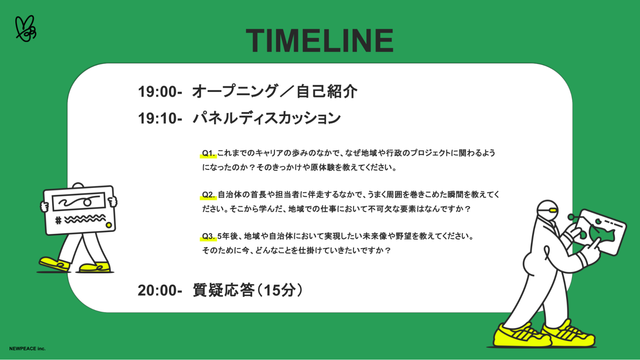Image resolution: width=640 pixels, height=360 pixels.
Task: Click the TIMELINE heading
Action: point(320,40)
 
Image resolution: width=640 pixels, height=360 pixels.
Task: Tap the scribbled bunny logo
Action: point(26,28)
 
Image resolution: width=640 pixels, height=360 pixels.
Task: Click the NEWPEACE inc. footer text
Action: point(27,348)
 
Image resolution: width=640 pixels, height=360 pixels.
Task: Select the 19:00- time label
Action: point(160,92)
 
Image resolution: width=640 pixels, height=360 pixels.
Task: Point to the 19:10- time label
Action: point(160,118)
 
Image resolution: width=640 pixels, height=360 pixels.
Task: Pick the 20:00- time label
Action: point(160,291)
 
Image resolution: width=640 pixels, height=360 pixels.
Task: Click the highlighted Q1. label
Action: point(208,153)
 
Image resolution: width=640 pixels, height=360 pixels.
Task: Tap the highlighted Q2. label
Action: point(208,195)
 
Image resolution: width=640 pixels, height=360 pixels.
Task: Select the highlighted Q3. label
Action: point(208,236)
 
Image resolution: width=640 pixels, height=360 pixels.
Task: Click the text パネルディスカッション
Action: point(267,118)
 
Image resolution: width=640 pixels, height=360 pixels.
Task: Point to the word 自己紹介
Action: point(327,92)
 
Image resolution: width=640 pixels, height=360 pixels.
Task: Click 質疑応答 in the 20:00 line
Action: point(223,290)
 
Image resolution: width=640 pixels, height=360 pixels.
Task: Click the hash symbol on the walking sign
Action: point(58,220)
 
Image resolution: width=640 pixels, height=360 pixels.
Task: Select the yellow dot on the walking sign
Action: point(109,225)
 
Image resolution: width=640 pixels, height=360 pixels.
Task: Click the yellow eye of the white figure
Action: point(553,211)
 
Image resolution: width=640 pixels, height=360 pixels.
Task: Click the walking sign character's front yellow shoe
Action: point(54,264)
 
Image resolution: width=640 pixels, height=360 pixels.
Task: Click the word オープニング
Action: point(235,92)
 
